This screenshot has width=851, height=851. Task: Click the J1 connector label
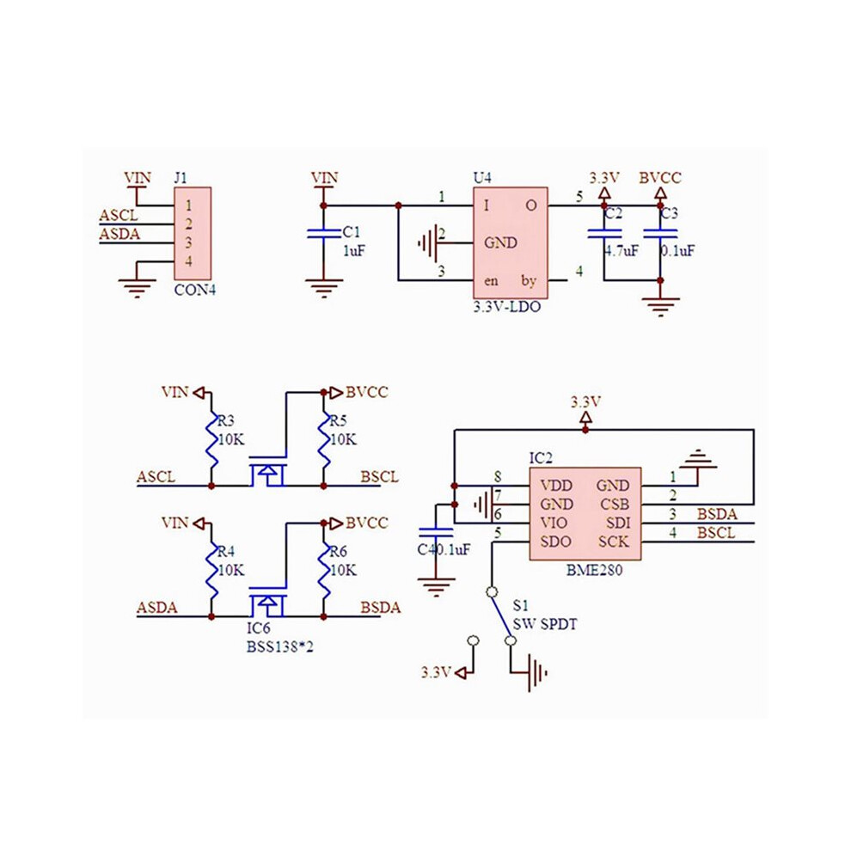pyautogui.click(x=181, y=178)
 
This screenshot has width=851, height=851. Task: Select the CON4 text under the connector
pyautogui.click(x=195, y=290)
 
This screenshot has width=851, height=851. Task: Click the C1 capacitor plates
pyautogui.click(x=324, y=233)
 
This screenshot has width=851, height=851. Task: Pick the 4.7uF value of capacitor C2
pyautogui.click(x=622, y=251)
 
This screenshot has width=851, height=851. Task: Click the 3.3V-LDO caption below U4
pyautogui.click(x=507, y=307)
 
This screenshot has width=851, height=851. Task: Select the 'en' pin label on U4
pyautogui.click(x=491, y=281)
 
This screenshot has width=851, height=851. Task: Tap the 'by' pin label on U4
pyautogui.click(x=529, y=280)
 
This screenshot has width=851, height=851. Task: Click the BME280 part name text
pyautogui.click(x=594, y=571)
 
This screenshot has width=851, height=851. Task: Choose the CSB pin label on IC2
pyautogui.click(x=615, y=505)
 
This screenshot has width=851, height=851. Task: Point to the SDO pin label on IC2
pyautogui.click(x=556, y=542)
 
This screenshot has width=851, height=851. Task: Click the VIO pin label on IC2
pyautogui.click(x=554, y=523)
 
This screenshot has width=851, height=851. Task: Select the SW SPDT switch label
pyautogui.click(x=545, y=624)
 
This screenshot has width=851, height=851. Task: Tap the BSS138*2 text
pyautogui.click(x=280, y=647)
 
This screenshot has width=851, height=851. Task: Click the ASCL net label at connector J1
pyautogui.click(x=119, y=216)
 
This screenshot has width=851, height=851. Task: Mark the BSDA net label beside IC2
pyautogui.click(x=717, y=514)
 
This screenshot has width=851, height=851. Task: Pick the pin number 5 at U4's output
pyautogui.click(x=579, y=197)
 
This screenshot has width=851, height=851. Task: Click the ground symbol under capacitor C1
pyautogui.click(x=324, y=289)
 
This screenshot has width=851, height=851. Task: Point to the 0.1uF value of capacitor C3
pyautogui.click(x=678, y=251)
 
